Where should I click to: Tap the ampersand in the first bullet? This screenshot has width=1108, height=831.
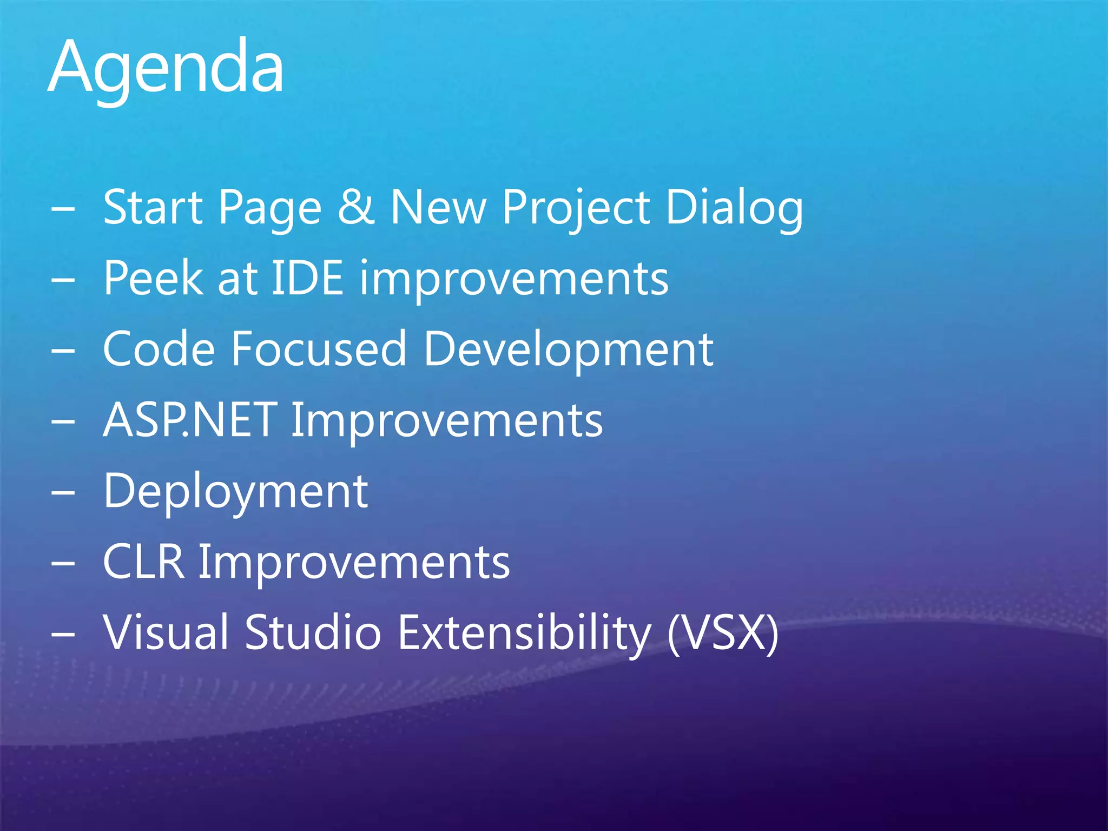[x=355, y=207]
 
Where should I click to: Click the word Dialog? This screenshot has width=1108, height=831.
[x=734, y=208]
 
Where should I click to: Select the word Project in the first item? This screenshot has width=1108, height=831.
[x=576, y=208]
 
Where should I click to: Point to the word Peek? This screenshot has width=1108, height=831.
[x=153, y=278]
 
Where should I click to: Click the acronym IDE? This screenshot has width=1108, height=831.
[x=307, y=278]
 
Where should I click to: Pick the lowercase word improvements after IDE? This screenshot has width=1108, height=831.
[x=514, y=279]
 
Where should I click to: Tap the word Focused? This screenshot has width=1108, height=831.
[x=319, y=349]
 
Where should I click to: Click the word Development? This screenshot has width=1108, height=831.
[x=568, y=350]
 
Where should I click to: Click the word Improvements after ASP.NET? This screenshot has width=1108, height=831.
[x=447, y=421]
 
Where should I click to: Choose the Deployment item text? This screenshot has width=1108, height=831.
[x=236, y=492]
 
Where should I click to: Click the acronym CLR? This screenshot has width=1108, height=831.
[x=143, y=562]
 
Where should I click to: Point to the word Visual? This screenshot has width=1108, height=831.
[x=167, y=632]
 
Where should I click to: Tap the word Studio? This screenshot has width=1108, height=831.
[x=313, y=632]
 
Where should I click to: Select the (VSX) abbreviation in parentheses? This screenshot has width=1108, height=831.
[x=723, y=633]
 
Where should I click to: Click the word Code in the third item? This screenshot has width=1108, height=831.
[x=159, y=349]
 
